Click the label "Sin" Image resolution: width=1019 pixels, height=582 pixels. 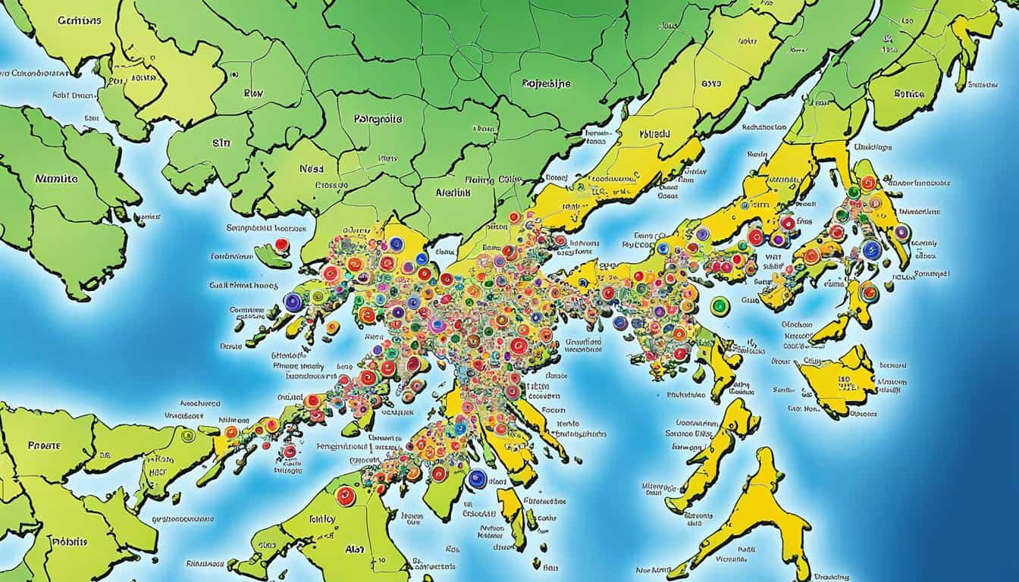(221, 140)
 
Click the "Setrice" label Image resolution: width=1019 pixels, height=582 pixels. (909, 95)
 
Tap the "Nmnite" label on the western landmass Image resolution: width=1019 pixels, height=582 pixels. (57, 180)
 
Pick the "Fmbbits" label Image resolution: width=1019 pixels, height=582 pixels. (70, 542)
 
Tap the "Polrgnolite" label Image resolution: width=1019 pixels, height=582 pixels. (378, 119)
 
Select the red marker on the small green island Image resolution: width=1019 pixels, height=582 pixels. (282, 245)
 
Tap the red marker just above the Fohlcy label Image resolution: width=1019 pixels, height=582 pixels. (345, 496)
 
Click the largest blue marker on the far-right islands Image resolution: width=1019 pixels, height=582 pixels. (872, 250)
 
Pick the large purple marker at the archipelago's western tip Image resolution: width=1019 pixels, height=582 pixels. (293, 302)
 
